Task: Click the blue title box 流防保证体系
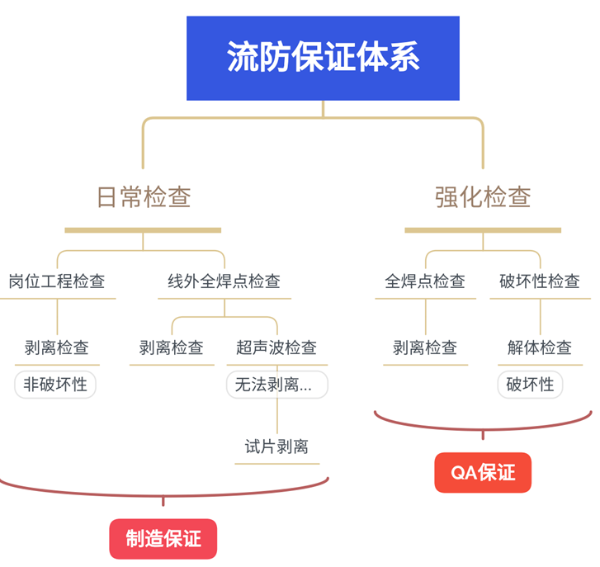pyautogui.click(x=323, y=58)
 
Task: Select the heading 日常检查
pyautogui.click(x=144, y=197)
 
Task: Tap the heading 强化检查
pyautogui.click(x=483, y=197)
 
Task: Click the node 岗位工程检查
pyautogui.click(x=57, y=281)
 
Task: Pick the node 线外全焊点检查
pyautogui.click(x=224, y=281)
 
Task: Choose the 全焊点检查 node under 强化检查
pyautogui.click(x=425, y=281)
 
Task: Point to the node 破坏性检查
pyautogui.click(x=540, y=281)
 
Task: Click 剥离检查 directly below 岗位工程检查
pyautogui.click(x=57, y=347)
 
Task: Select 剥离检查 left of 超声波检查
pyautogui.click(x=172, y=347)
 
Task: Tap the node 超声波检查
pyautogui.click(x=276, y=347)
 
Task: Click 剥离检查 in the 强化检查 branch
pyautogui.click(x=425, y=347)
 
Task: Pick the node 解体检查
pyautogui.click(x=540, y=347)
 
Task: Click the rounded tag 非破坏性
pyautogui.click(x=55, y=385)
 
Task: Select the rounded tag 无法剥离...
pyautogui.click(x=276, y=385)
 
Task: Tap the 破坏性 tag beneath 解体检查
pyautogui.click(x=530, y=385)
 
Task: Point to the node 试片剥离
pyautogui.click(x=276, y=447)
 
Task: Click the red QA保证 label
pyautogui.click(x=483, y=473)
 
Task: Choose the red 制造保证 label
pyautogui.click(x=163, y=539)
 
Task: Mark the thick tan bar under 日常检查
pyautogui.click(x=143, y=230)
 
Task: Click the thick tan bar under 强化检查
pyautogui.click(x=483, y=230)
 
